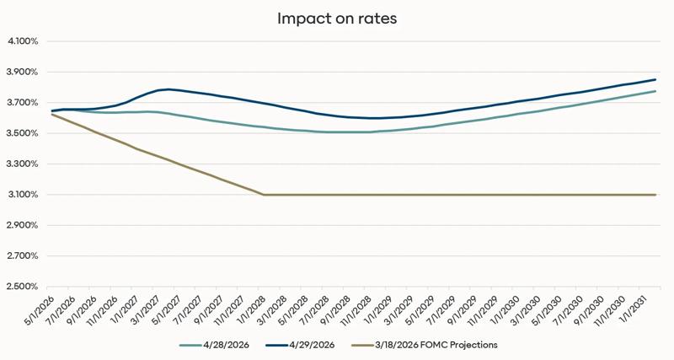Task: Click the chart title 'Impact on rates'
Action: [x=337, y=18]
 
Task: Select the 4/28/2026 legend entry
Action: [x=217, y=345]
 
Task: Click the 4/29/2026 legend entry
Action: [x=306, y=345]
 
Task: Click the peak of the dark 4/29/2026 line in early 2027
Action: [x=168, y=89]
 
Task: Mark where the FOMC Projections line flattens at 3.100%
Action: [x=265, y=195]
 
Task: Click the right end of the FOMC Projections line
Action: [x=655, y=195]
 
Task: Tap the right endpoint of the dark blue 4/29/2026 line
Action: [x=655, y=80]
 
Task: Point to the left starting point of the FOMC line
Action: [x=52, y=115]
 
